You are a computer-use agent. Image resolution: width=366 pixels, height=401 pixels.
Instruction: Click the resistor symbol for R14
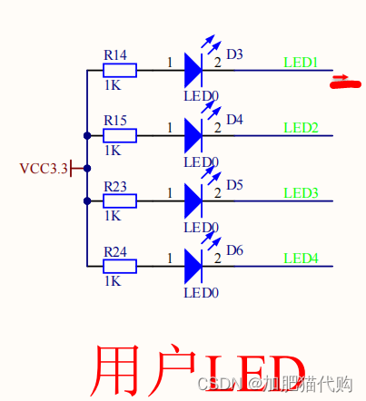pyautogui.click(x=120, y=71)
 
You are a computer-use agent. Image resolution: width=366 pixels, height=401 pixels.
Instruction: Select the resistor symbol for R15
pyautogui.click(x=120, y=136)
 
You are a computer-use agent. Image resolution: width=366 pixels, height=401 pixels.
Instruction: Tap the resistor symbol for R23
pyautogui.click(x=120, y=201)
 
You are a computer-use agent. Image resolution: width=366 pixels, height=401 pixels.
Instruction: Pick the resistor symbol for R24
pyautogui.click(x=120, y=267)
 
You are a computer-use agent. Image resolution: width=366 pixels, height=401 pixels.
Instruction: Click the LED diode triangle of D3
pyautogui.click(x=193, y=70)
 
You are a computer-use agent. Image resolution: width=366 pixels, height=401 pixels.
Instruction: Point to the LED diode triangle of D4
pyautogui.click(x=193, y=135)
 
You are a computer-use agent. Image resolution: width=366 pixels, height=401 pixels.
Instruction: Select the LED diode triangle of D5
pyautogui.click(x=193, y=200)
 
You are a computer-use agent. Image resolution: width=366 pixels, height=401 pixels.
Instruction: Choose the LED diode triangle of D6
pyautogui.click(x=193, y=266)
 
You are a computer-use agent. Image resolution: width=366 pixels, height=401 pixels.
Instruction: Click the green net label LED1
pyautogui.click(x=301, y=63)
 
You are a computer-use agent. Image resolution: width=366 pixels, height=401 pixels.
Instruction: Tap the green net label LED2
pyautogui.click(x=301, y=128)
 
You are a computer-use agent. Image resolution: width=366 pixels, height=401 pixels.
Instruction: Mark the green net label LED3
pyautogui.click(x=301, y=193)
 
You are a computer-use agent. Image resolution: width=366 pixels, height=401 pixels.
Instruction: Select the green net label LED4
pyautogui.click(x=301, y=259)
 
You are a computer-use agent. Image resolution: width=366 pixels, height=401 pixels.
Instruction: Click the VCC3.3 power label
pyautogui.click(x=44, y=169)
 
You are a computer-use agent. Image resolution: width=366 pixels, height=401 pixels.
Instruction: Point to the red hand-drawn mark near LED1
pyautogui.click(x=341, y=84)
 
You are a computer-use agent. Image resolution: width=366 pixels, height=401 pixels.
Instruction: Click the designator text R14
pyautogui.click(x=115, y=54)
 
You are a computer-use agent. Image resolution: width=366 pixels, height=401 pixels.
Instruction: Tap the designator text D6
pyautogui.click(x=234, y=250)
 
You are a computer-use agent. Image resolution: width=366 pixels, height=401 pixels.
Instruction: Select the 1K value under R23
pyautogui.click(x=113, y=216)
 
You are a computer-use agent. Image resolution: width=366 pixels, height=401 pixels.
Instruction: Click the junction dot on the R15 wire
pyautogui.click(x=86, y=136)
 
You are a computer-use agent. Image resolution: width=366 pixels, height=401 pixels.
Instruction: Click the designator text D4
pyautogui.click(x=234, y=120)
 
